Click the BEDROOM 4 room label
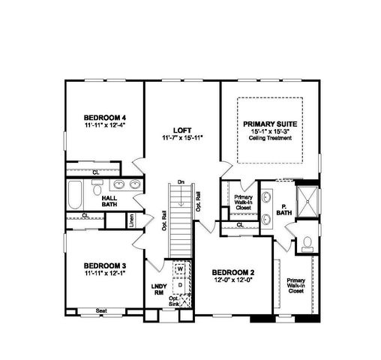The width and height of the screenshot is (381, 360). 104,117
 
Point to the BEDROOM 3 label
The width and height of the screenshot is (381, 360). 104,265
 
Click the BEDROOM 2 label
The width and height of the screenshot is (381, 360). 233,271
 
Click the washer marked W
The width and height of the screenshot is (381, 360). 181,268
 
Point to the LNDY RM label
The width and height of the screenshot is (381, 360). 158,289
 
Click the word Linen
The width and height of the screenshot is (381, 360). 131,220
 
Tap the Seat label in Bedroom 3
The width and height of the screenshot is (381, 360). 102,310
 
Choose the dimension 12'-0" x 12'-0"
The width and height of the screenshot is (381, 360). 233,280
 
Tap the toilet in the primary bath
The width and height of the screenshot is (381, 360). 307,243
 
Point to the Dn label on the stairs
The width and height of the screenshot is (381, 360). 181,181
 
